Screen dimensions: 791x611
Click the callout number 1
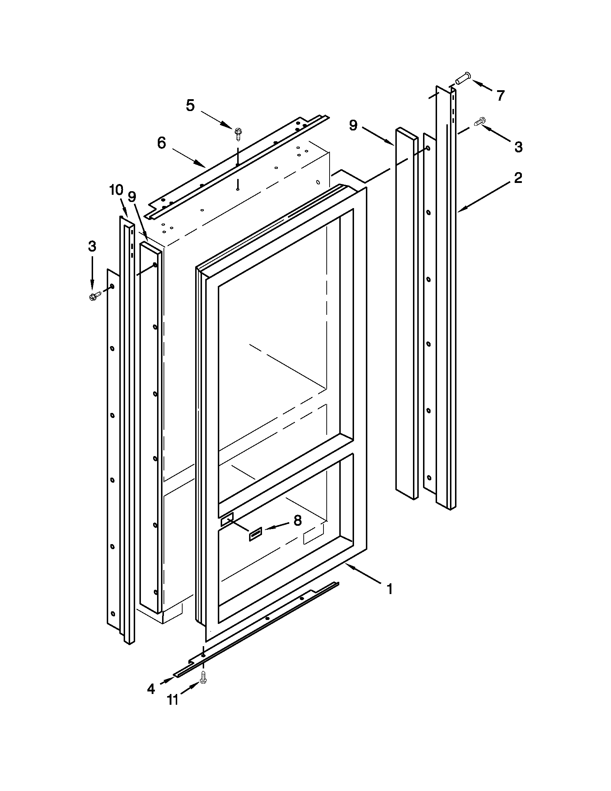tap(390, 590)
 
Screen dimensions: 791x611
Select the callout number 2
tap(518, 178)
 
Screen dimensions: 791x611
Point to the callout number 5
tap(190, 106)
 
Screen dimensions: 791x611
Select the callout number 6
tap(161, 143)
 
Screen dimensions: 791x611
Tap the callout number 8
tap(297, 520)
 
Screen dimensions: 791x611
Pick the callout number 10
tap(116, 190)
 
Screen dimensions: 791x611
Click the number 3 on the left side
tap(92, 247)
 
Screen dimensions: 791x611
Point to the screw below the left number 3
tap(93, 296)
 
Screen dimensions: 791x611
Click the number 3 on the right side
tap(518, 147)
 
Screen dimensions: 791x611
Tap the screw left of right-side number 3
tap(480, 122)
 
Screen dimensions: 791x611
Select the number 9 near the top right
tap(353, 126)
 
